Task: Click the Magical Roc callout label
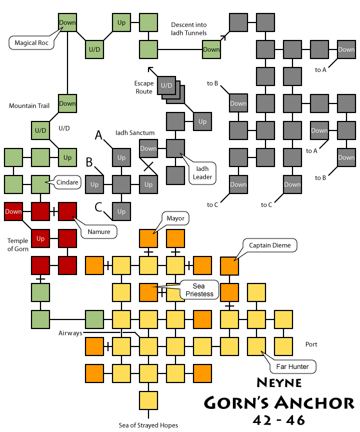[31, 43]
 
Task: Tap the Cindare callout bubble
[67, 182]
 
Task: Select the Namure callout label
[98, 231]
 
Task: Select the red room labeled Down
[13, 211]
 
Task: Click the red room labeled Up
[40, 238]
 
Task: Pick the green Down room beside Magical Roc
[67, 22]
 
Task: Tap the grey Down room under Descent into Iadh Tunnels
[211, 49]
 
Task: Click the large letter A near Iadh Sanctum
[98, 135]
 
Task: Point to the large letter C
[98, 208]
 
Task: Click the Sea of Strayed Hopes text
[148, 425]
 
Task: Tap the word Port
[312, 344]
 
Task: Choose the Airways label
[70, 333]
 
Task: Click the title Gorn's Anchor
[279, 403]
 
